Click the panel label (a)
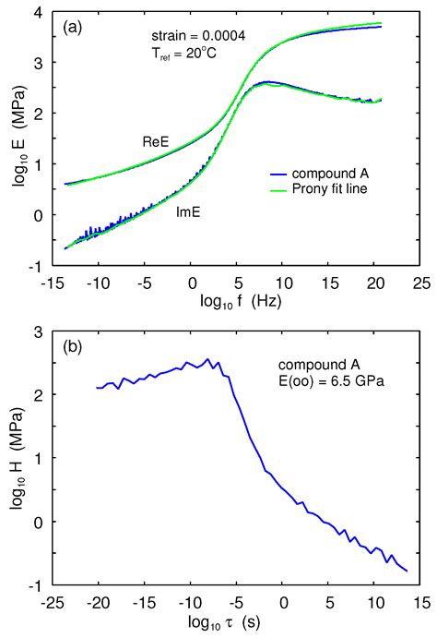pos(75,27)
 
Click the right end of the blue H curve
pos(407,572)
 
